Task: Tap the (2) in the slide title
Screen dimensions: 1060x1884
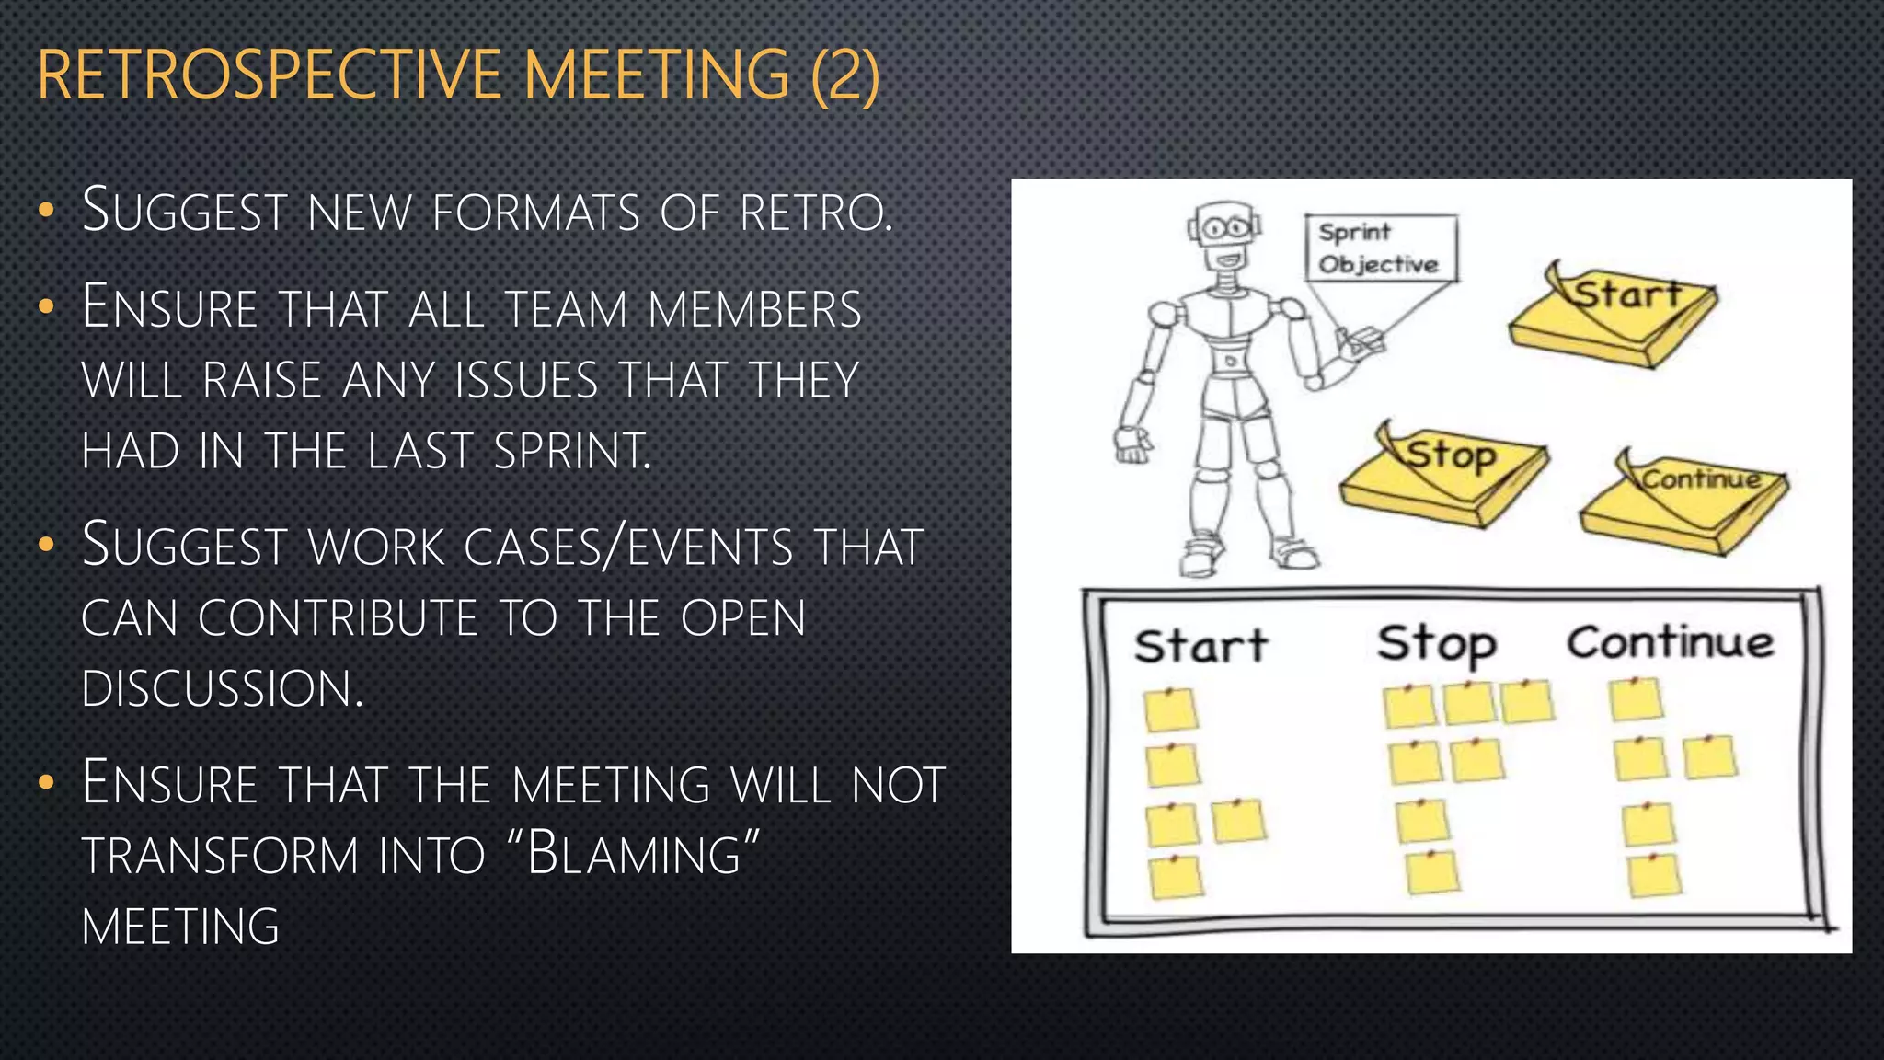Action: [x=845, y=75]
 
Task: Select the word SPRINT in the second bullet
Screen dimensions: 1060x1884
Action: [x=571, y=451]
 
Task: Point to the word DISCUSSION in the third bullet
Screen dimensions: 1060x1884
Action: [x=222, y=688]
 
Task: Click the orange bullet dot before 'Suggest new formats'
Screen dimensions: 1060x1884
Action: [x=47, y=211]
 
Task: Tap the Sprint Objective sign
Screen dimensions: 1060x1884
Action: [x=1380, y=248]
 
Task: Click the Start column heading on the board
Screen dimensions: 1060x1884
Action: [x=1200, y=646]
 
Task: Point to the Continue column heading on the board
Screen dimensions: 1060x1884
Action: [x=1671, y=642]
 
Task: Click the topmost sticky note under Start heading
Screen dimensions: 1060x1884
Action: [x=1170, y=709]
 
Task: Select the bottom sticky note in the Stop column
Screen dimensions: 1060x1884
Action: [x=1432, y=872]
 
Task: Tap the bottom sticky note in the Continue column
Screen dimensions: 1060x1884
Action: [x=1654, y=876]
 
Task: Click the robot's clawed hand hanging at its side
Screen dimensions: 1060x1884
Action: [x=1132, y=445]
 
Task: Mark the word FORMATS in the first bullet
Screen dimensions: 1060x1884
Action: [x=535, y=213]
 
